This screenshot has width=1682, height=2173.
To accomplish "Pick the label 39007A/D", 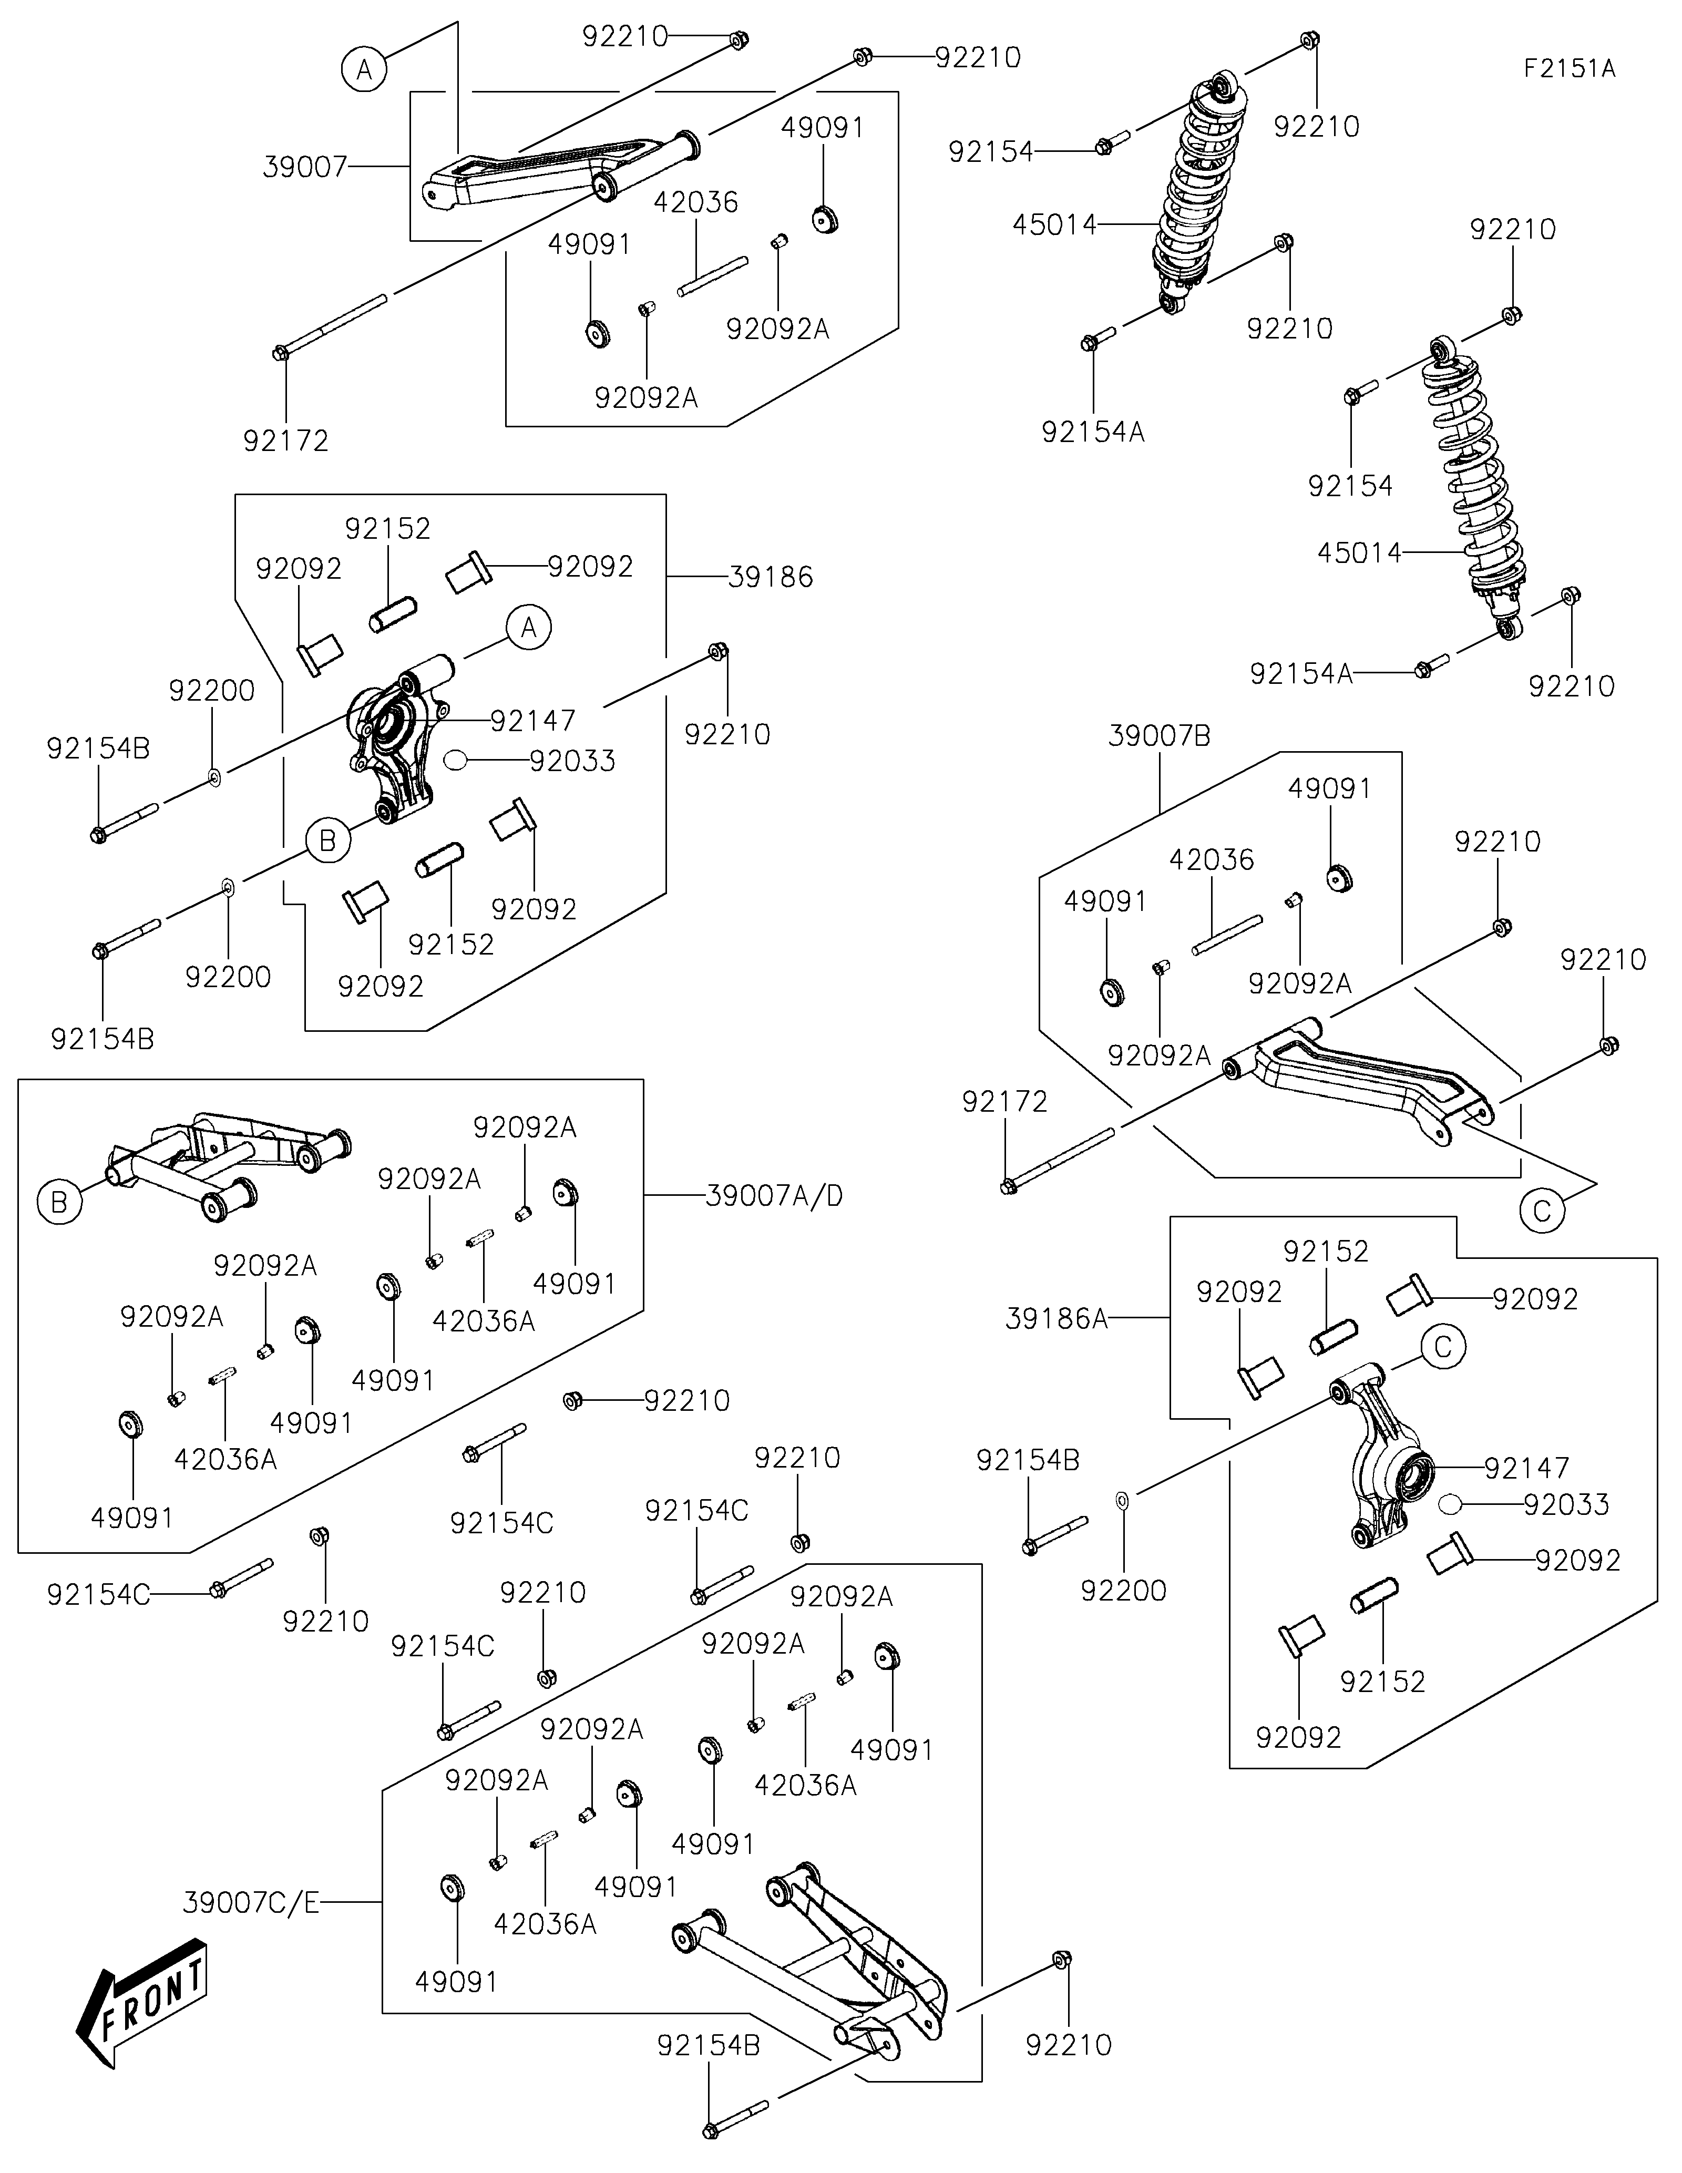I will (x=774, y=1196).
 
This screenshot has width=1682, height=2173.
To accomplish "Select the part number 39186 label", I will (x=770, y=577).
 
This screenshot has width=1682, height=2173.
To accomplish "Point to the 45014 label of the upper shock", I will (x=1054, y=225).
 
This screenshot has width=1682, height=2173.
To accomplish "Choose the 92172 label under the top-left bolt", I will (x=285, y=441).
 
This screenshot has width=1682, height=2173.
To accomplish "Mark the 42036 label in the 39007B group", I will (x=1212, y=859).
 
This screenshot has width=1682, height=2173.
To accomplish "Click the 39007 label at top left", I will (x=304, y=167).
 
